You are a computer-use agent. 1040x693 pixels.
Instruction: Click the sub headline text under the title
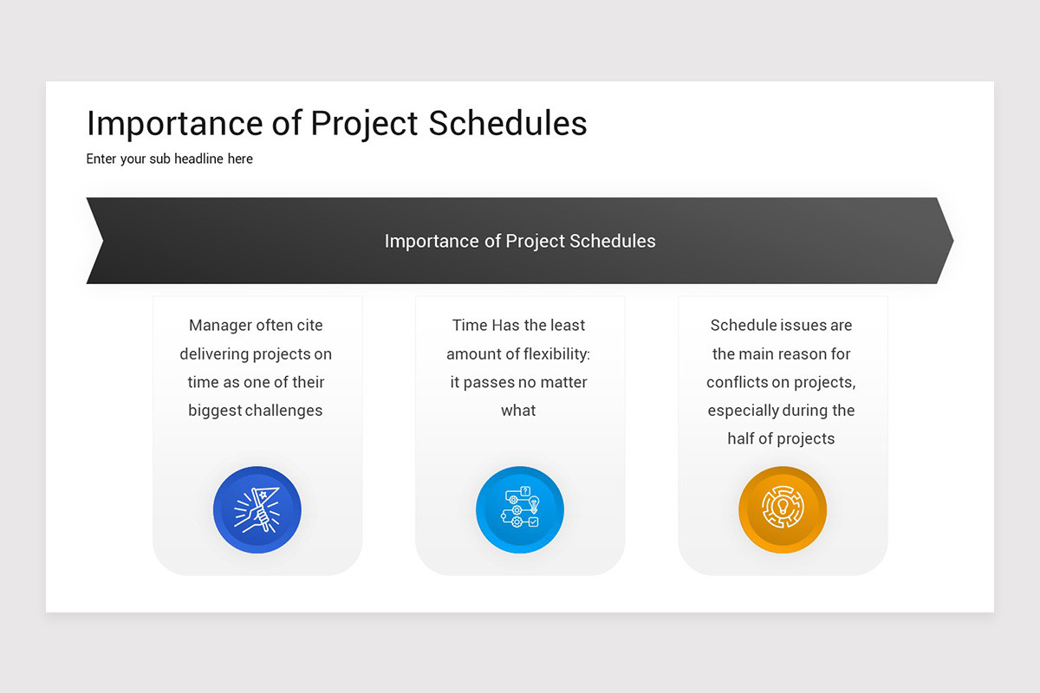(170, 159)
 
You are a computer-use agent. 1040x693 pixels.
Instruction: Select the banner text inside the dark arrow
(520, 241)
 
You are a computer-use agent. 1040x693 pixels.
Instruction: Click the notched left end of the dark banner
(96, 241)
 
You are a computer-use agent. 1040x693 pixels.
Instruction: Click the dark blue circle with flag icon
(257, 510)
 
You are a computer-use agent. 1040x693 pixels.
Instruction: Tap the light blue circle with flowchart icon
(520, 510)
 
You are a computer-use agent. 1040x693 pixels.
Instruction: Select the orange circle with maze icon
(783, 510)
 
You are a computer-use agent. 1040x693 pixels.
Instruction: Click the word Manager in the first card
(220, 326)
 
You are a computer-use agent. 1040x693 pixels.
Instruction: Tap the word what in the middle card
(518, 411)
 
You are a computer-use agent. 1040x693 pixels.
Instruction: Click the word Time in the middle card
(469, 326)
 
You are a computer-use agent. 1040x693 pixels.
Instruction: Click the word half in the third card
(743, 438)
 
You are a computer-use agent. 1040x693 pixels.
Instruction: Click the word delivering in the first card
(214, 354)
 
